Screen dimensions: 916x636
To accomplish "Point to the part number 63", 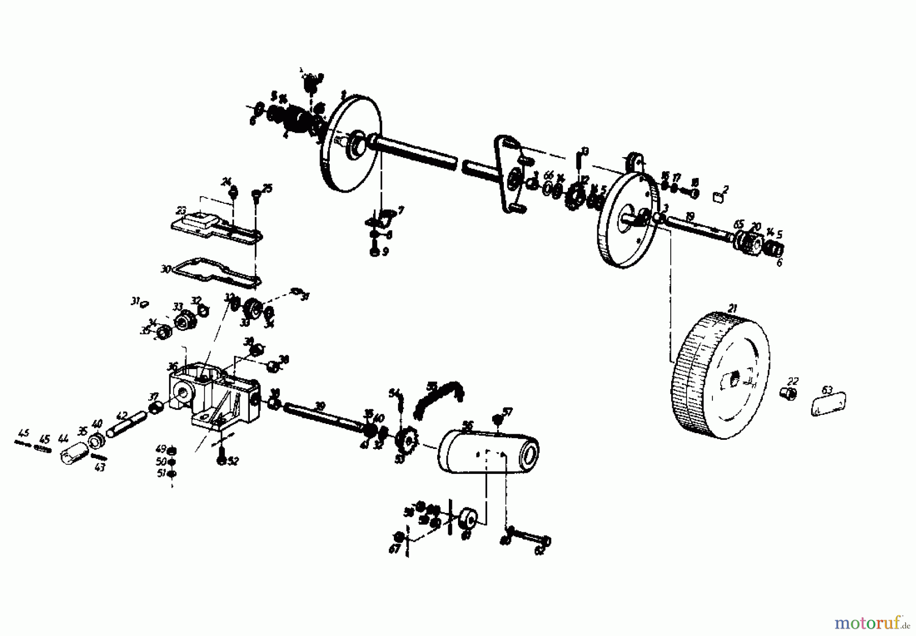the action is pos(827,390).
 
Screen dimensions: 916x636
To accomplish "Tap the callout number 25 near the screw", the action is pos(267,189).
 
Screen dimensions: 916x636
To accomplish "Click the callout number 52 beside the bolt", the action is pos(233,461).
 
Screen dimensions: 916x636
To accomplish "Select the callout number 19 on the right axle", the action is pos(690,217).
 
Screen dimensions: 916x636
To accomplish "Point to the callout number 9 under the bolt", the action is pos(385,252).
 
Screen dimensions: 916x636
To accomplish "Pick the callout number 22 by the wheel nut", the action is pos(793,381).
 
